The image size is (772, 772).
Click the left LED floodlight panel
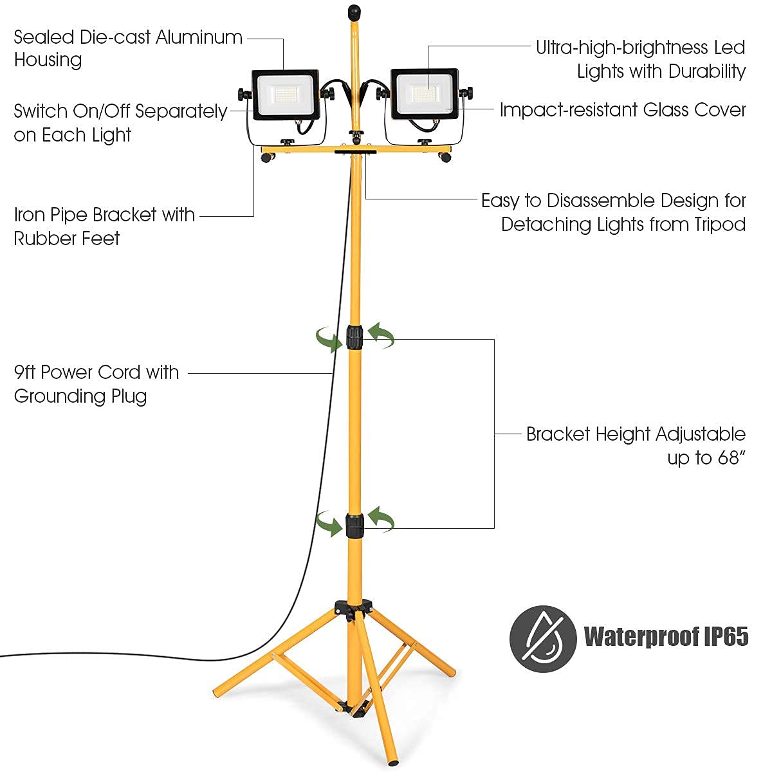pos(284,95)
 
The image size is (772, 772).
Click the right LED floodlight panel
pos(424,94)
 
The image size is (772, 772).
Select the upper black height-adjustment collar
pos(354,337)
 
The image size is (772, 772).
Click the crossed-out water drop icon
pos(542,639)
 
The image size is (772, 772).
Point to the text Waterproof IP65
pos(666,636)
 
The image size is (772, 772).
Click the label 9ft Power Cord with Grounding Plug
pos(96,384)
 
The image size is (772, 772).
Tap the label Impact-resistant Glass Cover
pos(622,110)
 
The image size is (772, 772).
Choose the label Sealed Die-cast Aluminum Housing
pos(127,48)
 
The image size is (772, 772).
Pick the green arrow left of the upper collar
pos(329,338)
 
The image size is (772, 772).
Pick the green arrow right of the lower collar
pos(381,519)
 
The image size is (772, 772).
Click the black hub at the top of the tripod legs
pos(354,608)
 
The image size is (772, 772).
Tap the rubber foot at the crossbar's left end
pos(265,158)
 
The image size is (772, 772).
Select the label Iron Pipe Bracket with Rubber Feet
pos(104,226)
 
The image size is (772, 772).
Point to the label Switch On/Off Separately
pos(120,111)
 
